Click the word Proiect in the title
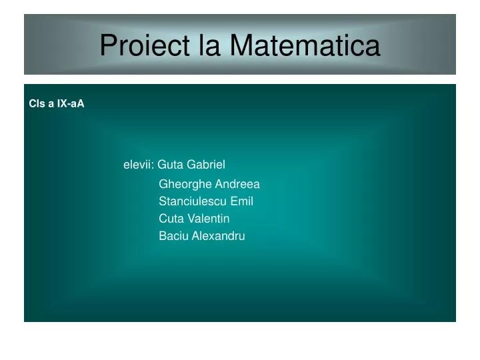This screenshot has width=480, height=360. coord(145,45)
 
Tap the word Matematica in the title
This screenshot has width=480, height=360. coord(305,45)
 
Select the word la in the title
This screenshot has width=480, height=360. coord(209,45)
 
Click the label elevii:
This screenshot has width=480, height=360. coord(139,165)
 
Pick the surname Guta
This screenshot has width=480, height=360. coord(170,165)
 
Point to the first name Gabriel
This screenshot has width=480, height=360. coord(206,165)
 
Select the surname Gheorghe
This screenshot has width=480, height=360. coord(185,185)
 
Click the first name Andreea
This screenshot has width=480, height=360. coord(237,184)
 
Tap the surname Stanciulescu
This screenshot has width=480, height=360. coord(193,201)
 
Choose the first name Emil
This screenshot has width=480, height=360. coord(241,201)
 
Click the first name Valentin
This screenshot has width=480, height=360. coord(208,219)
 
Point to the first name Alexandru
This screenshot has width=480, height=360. coord(218,236)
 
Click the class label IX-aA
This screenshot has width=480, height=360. coord(71,103)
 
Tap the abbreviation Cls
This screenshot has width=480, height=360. coord(37,103)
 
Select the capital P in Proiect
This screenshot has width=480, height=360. coord(109,45)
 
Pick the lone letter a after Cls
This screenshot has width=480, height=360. coord(51,104)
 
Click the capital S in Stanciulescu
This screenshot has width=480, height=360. coord(163,201)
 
